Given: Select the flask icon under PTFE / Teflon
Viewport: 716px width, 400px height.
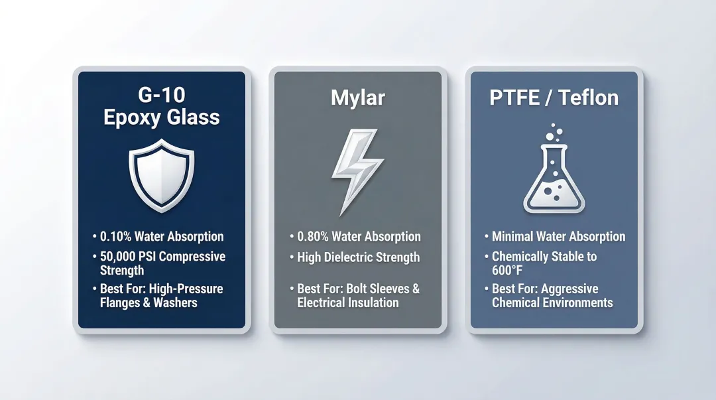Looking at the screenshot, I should (554, 179).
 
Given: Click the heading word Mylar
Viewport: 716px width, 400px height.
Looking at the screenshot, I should (358, 98).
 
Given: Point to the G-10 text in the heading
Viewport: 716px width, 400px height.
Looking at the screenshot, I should (161, 95).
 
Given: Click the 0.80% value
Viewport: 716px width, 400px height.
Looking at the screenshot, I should (313, 237).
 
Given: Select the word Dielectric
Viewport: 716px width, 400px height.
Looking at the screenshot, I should (353, 257).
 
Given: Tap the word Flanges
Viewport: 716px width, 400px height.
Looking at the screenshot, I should (121, 303).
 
